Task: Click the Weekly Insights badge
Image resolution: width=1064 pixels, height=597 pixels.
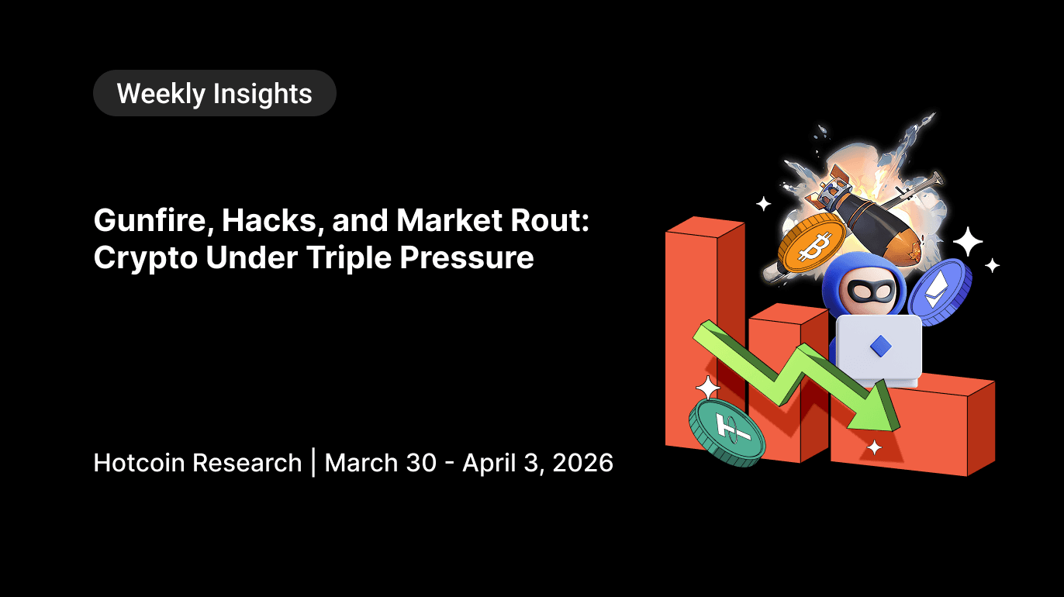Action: tap(214, 94)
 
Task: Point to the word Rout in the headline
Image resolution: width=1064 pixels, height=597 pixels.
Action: tap(554, 222)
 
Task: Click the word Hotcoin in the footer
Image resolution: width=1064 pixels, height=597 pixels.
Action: tap(140, 463)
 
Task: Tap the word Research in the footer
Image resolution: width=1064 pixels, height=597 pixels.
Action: tap(247, 463)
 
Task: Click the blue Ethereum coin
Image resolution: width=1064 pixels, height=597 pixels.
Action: tap(940, 291)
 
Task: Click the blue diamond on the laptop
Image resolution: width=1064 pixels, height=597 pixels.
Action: tap(879, 346)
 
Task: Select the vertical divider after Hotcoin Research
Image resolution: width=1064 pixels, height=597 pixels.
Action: tap(313, 463)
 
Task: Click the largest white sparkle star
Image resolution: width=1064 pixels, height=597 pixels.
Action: tap(967, 242)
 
